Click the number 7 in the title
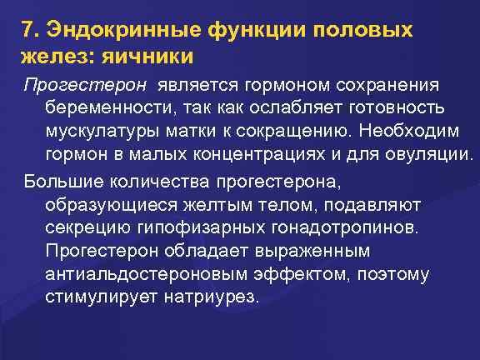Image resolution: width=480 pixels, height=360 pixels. pos(28,32)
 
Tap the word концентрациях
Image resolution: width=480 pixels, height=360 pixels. pos(265,156)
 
